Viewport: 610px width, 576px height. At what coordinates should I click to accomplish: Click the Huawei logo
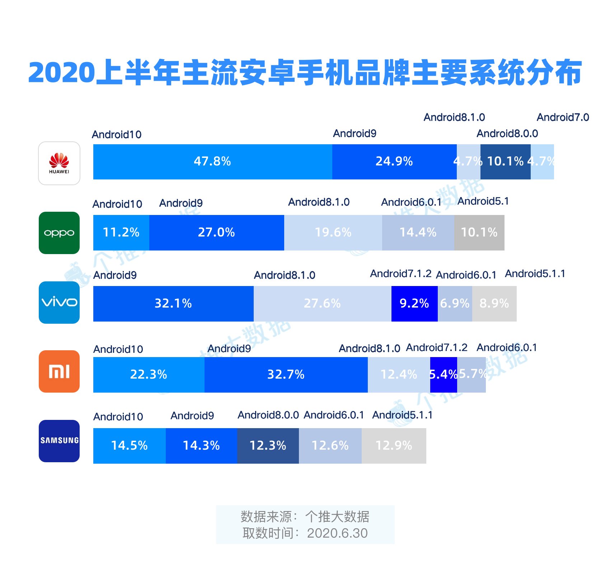pyautogui.click(x=59, y=163)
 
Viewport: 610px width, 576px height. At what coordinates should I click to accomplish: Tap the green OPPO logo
pyautogui.click(x=59, y=233)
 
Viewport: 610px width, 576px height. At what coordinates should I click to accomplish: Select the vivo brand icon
pyautogui.click(x=59, y=303)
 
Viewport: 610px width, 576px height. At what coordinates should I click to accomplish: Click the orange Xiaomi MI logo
pyautogui.click(x=59, y=371)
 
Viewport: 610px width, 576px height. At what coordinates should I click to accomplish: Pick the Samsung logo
pyautogui.click(x=59, y=441)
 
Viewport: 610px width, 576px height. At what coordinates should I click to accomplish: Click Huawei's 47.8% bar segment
pyautogui.click(x=212, y=162)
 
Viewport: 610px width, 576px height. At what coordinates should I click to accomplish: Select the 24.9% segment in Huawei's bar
pyautogui.click(x=394, y=162)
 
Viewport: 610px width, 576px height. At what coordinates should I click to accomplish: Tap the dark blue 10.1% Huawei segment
pyautogui.click(x=505, y=162)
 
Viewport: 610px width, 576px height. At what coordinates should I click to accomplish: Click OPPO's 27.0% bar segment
pyautogui.click(x=216, y=233)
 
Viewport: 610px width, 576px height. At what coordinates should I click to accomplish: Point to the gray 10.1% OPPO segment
pyautogui.click(x=479, y=233)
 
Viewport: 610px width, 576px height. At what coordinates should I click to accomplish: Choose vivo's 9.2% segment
pyautogui.click(x=414, y=304)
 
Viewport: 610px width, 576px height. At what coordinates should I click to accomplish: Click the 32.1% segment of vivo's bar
pyautogui.click(x=173, y=304)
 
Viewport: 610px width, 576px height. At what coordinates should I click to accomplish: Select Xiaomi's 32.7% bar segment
pyautogui.click(x=286, y=375)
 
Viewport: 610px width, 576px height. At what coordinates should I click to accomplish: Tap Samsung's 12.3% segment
pyautogui.click(x=268, y=446)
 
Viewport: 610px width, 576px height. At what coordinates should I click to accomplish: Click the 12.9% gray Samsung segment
pyautogui.click(x=394, y=446)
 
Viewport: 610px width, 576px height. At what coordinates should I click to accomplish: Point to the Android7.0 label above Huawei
pyautogui.click(x=563, y=117)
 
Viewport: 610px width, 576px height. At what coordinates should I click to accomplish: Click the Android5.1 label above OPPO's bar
pyautogui.click(x=483, y=201)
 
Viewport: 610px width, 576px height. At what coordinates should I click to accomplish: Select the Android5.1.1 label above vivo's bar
pyautogui.click(x=535, y=274)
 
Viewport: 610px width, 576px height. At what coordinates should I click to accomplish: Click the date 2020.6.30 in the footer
pyautogui.click(x=337, y=533)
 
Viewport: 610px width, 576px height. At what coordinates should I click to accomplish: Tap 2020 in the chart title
pyautogui.click(x=61, y=73)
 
